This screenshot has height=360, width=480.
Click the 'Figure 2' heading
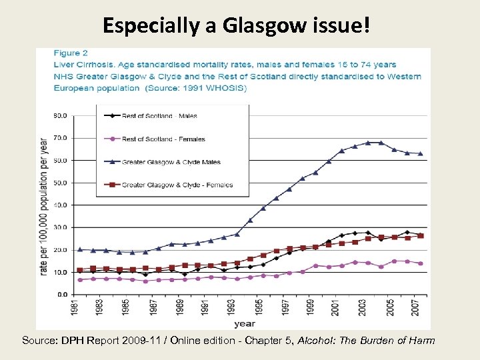71,53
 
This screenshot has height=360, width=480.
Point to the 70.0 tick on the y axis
60,138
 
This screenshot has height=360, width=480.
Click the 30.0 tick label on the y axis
60,227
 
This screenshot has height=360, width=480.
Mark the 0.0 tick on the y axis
61,294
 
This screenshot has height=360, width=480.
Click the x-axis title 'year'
244,324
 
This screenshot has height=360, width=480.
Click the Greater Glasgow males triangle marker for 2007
420,153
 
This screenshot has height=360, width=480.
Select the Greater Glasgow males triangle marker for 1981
80,249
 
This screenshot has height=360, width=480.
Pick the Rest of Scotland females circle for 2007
420,263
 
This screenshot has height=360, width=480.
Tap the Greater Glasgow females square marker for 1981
80,270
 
